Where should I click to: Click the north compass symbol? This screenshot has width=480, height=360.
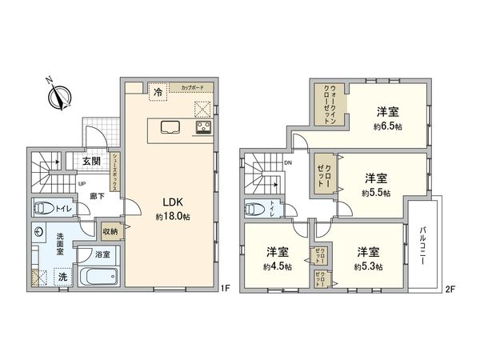click(x=56, y=95)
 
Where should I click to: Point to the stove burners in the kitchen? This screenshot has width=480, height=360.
click(x=203, y=127)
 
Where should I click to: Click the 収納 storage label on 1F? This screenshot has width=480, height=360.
click(x=109, y=232)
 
